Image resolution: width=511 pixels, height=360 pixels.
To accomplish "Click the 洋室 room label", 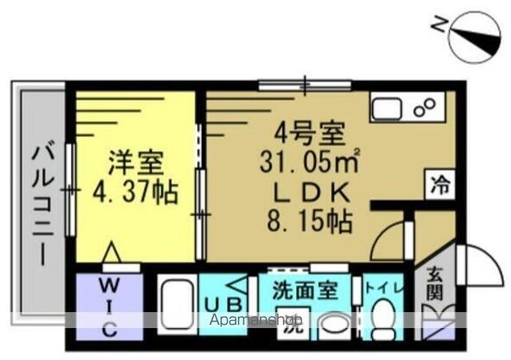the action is (x=136, y=163).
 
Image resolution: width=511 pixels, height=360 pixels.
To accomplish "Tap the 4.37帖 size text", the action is (x=136, y=192).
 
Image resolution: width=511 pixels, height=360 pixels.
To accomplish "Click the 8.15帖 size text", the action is (x=310, y=222).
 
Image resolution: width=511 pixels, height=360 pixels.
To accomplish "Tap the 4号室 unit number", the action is (x=310, y=133).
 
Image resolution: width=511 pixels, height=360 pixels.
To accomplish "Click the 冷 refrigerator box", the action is (x=440, y=184).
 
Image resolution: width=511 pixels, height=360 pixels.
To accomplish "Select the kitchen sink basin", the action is (x=386, y=109).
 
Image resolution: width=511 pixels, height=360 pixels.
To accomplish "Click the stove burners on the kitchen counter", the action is (x=424, y=107).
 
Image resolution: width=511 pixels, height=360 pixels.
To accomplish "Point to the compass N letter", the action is (x=438, y=24).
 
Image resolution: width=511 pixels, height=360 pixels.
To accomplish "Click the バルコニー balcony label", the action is (x=42, y=206).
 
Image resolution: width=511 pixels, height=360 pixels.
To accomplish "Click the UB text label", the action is (x=224, y=305).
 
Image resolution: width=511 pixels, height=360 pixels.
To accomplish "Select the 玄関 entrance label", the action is (x=435, y=283).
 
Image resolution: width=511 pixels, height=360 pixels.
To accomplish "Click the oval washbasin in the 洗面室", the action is (x=334, y=323).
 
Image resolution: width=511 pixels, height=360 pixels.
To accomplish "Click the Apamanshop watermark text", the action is (x=255, y=320).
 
